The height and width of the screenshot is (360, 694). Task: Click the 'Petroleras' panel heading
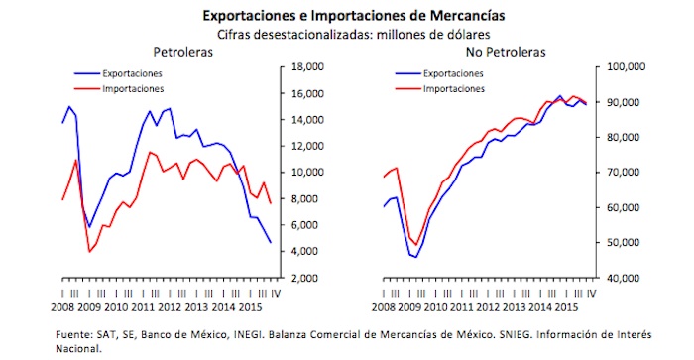[x=183, y=52]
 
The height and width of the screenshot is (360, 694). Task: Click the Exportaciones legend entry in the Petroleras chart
[x=131, y=73]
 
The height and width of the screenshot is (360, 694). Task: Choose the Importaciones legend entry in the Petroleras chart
[x=131, y=89]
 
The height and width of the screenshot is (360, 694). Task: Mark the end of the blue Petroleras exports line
[x=272, y=242]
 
